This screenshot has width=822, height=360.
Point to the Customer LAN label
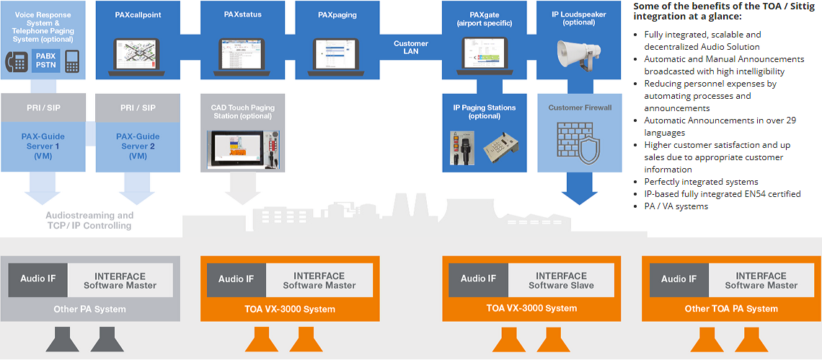click(411, 48)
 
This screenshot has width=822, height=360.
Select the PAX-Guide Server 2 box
click(138, 146)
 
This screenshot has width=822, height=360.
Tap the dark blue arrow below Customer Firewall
click(580, 189)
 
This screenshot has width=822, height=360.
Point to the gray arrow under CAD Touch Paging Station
click(242, 190)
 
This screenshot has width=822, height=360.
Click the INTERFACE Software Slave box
click(561, 281)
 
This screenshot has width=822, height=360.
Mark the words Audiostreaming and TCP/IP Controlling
click(89, 220)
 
